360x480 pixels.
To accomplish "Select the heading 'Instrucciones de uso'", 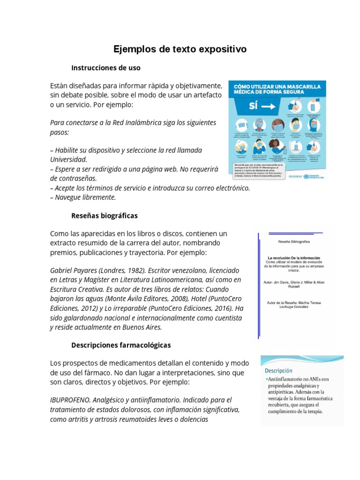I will click(x=105, y=68).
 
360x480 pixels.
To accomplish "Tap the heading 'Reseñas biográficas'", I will click(x=104, y=216).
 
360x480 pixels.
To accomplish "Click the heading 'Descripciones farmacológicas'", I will click(x=121, y=345).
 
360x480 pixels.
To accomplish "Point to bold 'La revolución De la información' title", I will click(x=293, y=258).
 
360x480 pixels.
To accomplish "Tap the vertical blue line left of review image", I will click(x=258, y=286).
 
